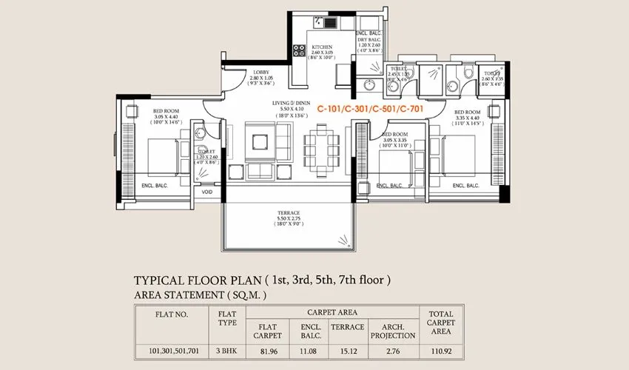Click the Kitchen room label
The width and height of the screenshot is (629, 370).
pos(321,47)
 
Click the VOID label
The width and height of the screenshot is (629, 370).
pos(207,192)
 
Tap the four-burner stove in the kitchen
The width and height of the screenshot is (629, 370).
pos(300,51)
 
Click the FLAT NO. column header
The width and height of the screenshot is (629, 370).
pos(172,313)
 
